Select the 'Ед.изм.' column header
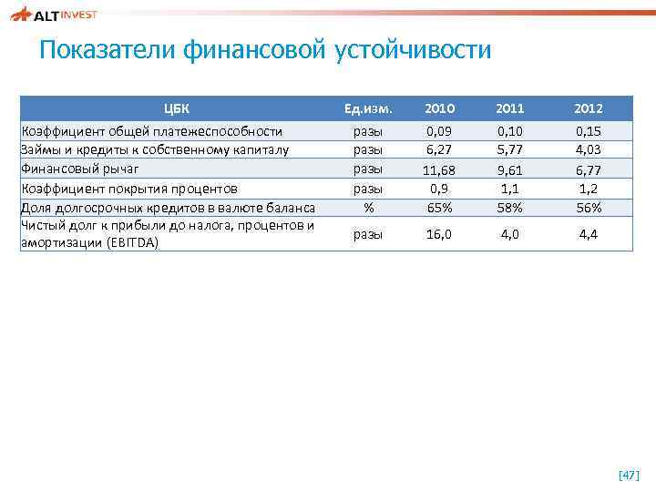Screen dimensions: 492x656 (368, 108)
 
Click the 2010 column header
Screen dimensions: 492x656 (441, 108)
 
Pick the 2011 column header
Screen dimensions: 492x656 (510, 108)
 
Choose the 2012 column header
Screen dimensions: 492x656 (589, 108)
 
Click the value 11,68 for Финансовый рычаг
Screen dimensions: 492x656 (441, 170)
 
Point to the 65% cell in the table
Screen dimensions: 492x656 (441, 207)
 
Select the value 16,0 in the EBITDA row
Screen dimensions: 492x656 (441, 234)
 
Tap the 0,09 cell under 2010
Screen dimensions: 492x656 (441, 132)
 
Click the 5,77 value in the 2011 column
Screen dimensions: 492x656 (510, 149)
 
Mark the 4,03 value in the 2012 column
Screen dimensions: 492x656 (589, 149)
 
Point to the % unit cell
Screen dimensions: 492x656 (368, 207)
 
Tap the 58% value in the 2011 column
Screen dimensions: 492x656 (510, 207)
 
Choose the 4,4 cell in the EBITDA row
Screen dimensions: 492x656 (589, 234)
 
